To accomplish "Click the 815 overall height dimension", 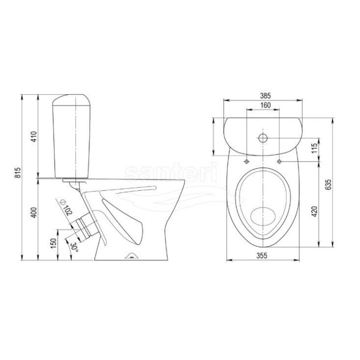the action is (x=18, y=173).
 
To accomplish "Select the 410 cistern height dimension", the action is (x=34, y=136).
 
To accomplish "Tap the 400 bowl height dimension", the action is (x=34, y=212).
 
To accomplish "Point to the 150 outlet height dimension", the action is (x=53, y=243).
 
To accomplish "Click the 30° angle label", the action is (x=75, y=247).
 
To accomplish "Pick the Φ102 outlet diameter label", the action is (x=66, y=207).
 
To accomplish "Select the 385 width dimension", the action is (x=265, y=96).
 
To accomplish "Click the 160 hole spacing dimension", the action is (x=265, y=105).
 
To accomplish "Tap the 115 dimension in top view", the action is (x=314, y=148).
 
